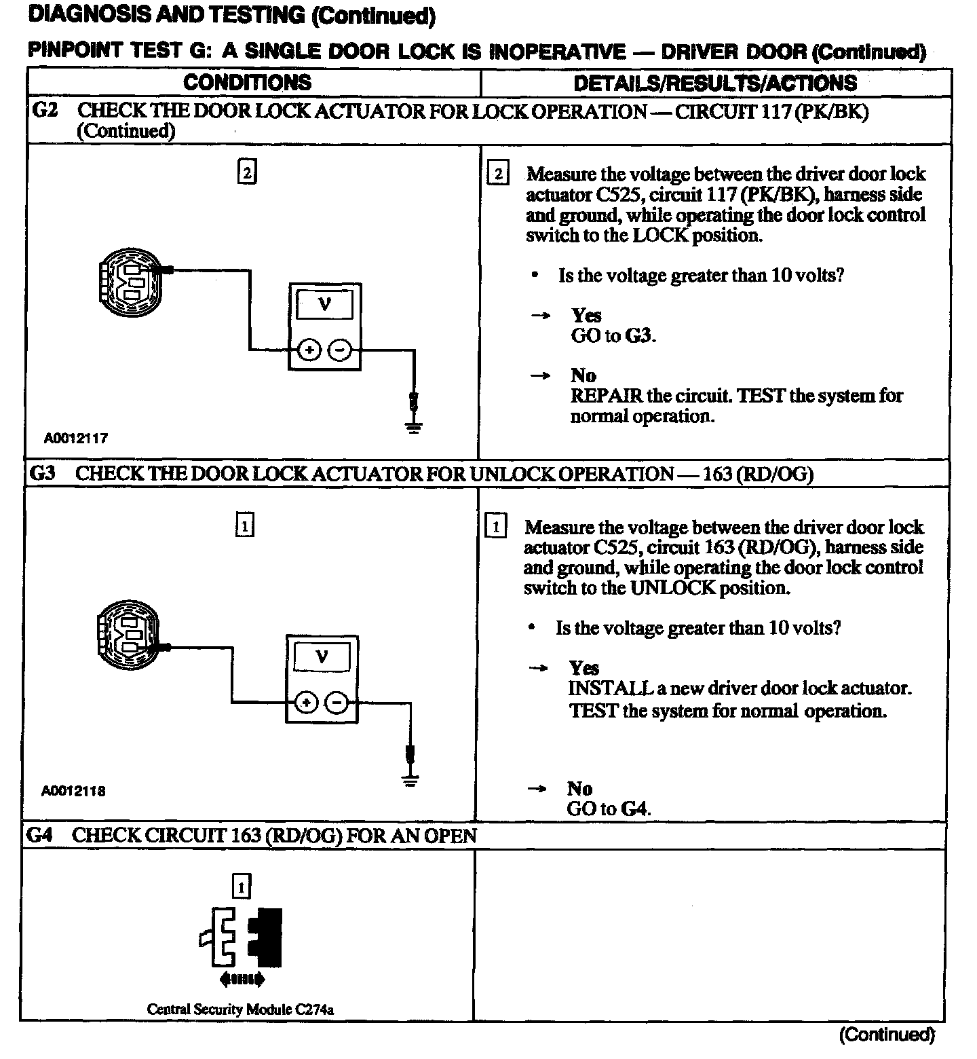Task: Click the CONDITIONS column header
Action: pyautogui.click(x=247, y=83)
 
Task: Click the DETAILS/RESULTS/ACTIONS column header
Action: pyautogui.click(x=715, y=83)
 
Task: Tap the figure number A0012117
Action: pyautogui.click(x=76, y=438)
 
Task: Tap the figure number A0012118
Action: pyautogui.click(x=73, y=791)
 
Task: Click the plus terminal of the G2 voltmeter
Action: pyautogui.click(x=309, y=350)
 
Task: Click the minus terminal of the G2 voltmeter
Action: pyautogui.click(x=341, y=350)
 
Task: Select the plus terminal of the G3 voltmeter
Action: pyautogui.click(x=307, y=703)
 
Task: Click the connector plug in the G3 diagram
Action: pyautogui.click(x=128, y=634)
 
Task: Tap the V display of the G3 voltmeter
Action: pyautogui.click(x=322, y=657)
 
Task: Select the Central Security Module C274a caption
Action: pyautogui.click(x=240, y=1009)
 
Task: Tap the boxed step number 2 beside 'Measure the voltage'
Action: pyautogui.click(x=498, y=174)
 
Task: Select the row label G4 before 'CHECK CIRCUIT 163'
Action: pyautogui.click(x=40, y=836)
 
